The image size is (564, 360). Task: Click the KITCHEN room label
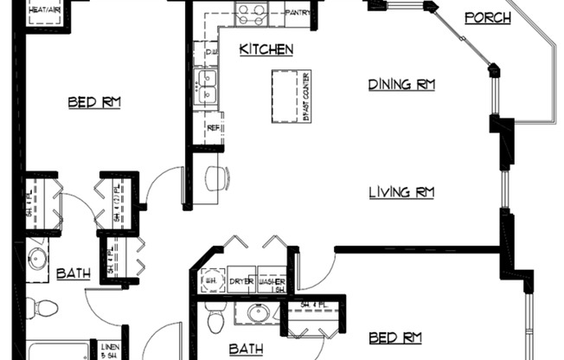[266, 50]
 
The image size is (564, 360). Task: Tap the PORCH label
[487, 18]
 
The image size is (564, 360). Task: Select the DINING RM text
[401, 85]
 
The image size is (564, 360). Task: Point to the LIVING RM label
[401, 192]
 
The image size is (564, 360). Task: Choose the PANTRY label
[298, 13]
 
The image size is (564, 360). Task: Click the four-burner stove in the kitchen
[253, 13]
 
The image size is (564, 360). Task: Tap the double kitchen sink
[208, 87]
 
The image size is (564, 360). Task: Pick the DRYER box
[241, 281]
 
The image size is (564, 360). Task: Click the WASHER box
[272, 281]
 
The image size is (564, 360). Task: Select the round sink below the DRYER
[259, 314]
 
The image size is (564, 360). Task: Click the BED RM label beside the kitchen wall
[94, 103]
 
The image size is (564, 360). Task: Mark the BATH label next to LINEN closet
[73, 274]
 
